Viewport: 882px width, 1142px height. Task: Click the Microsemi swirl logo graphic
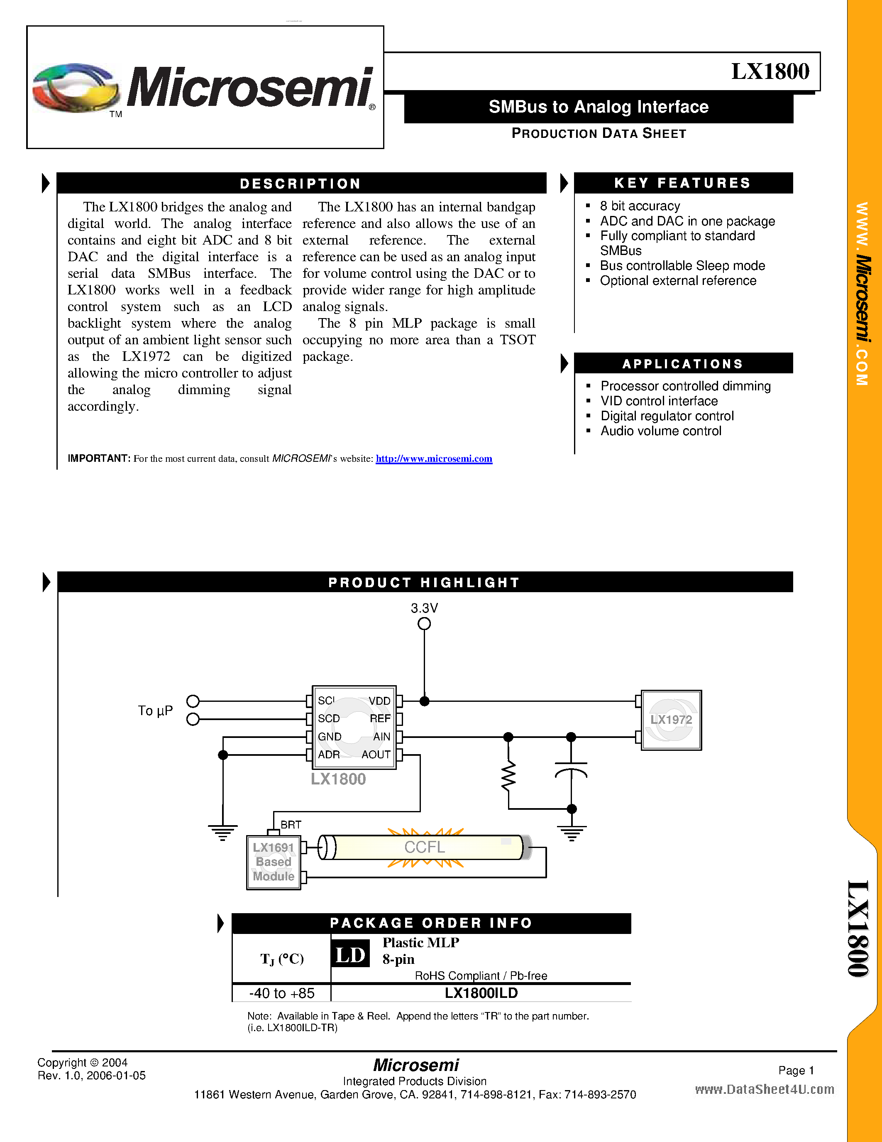[76, 88]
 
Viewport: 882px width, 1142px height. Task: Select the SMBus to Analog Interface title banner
[598, 107]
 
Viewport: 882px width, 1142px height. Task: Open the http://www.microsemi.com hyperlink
[434, 458]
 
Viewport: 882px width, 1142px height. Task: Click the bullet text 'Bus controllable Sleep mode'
[682, 266]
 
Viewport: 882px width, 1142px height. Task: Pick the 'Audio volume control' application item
[660, 431]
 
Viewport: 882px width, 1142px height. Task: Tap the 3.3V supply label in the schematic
[424, 608]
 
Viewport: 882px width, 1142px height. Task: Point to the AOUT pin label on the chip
[376, 755]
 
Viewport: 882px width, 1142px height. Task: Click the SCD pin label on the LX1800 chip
[329, 719]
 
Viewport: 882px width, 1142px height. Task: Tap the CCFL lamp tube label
[424, 847]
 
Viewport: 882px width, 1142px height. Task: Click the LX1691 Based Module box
[273, 862]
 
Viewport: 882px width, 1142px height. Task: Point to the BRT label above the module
[291, 825]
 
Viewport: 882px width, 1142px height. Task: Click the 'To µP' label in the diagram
[155, 711]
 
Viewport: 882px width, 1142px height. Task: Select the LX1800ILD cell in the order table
[481, 993]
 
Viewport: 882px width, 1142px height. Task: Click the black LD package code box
[350, 955]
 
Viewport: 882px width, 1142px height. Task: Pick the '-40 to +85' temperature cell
[282, 993]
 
